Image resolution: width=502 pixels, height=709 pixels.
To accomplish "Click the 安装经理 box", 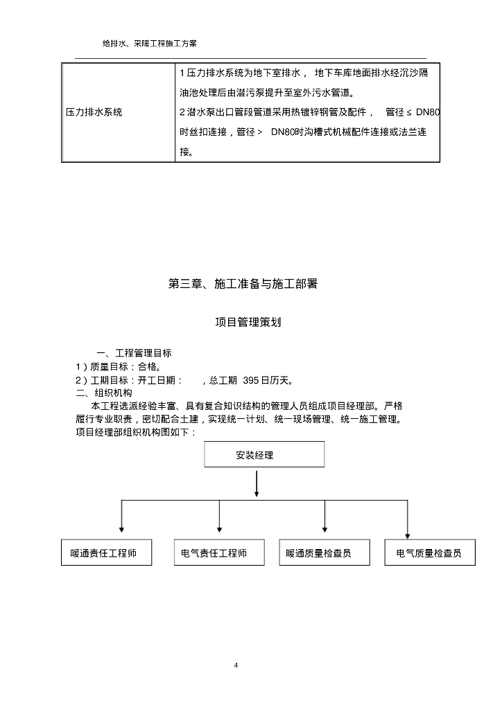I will pyautogui.click(x=264, y=455).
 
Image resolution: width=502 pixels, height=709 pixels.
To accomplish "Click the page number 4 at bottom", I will pyautogui.click(x=236, y=666).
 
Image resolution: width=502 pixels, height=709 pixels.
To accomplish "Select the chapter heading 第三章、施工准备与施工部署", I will pyautogui.click(x=243, y=284).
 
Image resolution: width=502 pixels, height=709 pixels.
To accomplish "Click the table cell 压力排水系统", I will pyautogui.click(x=94, y=112).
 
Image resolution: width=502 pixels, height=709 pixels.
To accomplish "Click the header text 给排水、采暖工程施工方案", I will pyautogui.click(x=150, y=43).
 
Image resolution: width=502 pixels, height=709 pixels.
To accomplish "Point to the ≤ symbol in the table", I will pyautogui.click(x=409, y=112).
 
